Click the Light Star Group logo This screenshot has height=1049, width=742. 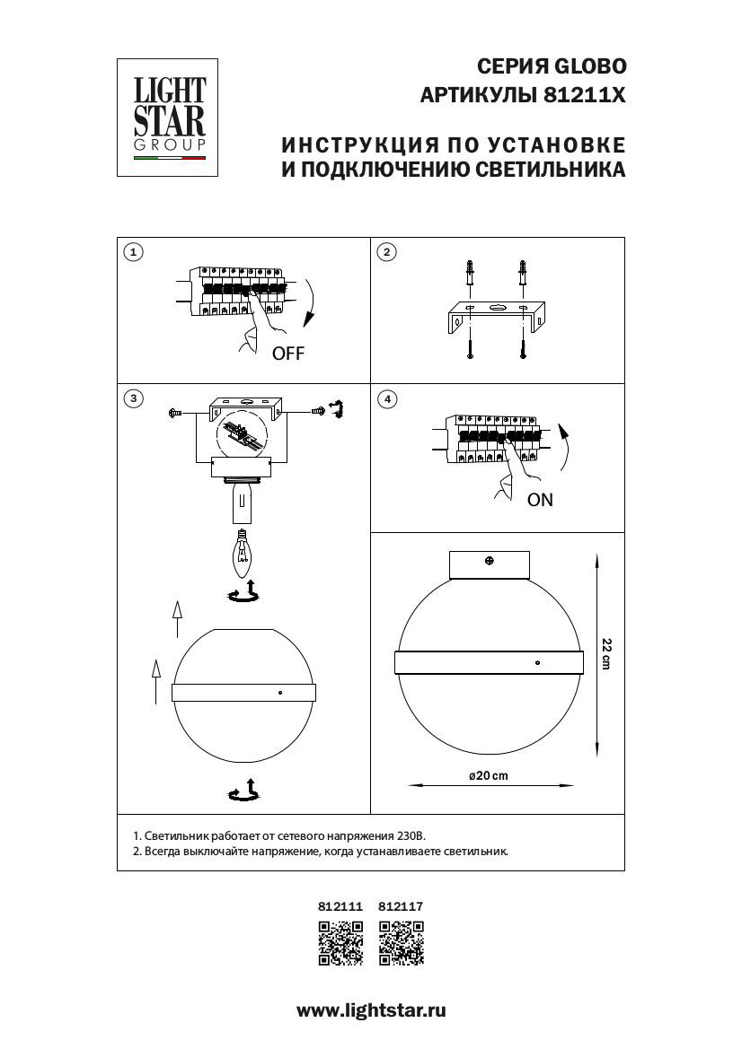[170, 117]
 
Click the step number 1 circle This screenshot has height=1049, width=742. [133, 252]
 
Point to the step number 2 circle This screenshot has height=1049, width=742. [386, 252]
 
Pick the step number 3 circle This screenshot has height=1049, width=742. [133, 398]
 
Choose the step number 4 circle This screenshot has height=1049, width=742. [386, 398]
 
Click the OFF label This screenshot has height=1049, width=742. [288, 354]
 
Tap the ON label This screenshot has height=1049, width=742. [540, 501]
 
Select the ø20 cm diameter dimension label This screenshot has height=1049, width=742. [488, 776]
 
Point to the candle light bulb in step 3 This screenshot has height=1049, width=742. [242, 551]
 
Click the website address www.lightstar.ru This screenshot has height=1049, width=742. [371, 1010]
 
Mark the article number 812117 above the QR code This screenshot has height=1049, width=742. [401, 907]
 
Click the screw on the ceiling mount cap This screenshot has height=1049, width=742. [489, 562]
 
